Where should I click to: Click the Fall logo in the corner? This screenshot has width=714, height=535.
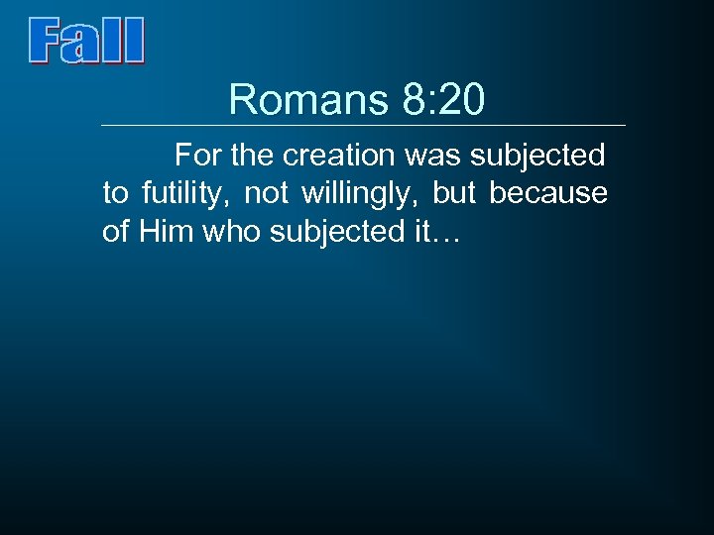point(87,42)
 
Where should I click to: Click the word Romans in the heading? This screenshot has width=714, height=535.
point(308,100)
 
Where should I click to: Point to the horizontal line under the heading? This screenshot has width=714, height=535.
point(364,126)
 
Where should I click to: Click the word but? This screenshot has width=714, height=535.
point(454,193)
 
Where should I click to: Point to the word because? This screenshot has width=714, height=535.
point(548,193)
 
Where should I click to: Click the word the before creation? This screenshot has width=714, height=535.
point(256,156)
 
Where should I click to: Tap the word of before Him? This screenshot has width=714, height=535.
point(116,231)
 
